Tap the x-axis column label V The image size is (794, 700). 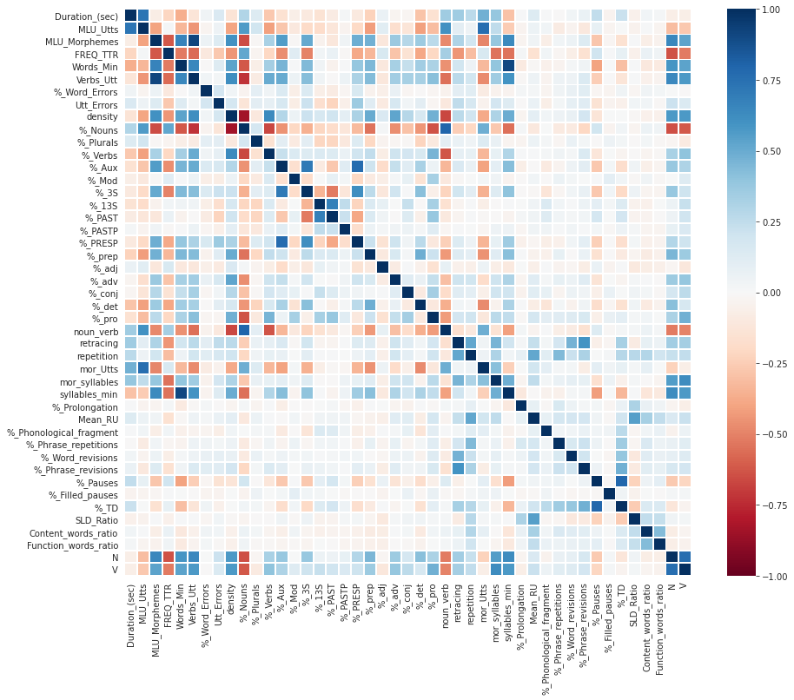685,586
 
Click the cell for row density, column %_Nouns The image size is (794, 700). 244,116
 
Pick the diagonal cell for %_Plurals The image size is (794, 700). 256,142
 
